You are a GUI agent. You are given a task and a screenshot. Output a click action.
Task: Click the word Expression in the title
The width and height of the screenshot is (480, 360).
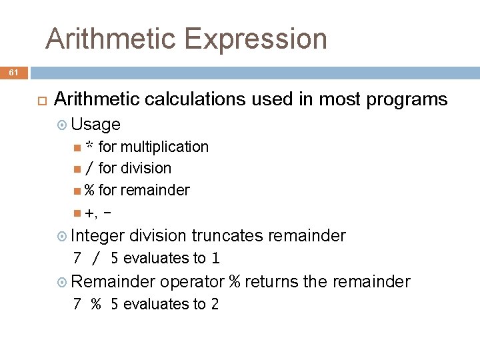coord(255,39)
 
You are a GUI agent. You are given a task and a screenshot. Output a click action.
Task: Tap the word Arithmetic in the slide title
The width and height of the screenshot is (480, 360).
coord(110,39)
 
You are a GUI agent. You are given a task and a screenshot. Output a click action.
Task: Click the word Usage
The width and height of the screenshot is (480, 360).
coord(95,124)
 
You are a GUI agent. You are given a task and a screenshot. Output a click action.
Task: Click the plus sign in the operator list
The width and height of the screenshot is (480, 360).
coord(89,213)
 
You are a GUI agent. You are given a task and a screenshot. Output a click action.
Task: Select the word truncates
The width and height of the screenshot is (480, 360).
coord(227,235)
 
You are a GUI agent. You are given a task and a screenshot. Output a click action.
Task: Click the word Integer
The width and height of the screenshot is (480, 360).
coord(98,235)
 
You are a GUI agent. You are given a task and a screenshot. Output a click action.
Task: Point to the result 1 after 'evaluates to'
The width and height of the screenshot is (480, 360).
coord(215,258)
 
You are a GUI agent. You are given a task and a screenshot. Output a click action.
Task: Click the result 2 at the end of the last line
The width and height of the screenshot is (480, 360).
coord(215,304)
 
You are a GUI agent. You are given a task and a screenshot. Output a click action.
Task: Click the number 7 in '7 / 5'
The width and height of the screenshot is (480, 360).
coord(77,258)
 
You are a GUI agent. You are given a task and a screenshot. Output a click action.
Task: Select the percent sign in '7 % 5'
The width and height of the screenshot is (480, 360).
coord(96,305)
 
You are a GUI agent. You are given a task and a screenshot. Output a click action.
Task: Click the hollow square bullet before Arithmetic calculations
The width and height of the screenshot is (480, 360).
coord(40,100)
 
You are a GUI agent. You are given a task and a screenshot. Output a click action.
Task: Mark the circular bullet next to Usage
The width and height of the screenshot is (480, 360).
coord(63,125)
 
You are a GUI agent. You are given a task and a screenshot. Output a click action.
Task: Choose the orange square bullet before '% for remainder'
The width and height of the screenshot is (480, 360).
coord(78,191)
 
